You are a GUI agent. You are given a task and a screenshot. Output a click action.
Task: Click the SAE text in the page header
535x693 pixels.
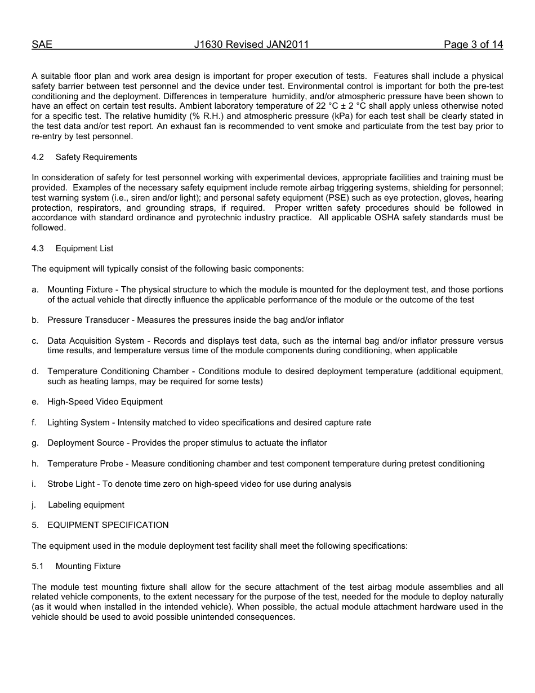point(42,45)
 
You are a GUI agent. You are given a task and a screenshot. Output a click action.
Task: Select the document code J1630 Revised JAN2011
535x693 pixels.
point(251,45)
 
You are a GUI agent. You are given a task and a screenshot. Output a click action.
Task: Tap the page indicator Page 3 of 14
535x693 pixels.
point(473,45)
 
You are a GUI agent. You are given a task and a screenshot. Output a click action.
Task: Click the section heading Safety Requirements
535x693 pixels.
point(96,157)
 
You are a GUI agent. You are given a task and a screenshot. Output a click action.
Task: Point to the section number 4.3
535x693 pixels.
point(38,248)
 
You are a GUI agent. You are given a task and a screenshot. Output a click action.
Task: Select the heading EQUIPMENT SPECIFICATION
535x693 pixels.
point(108,525)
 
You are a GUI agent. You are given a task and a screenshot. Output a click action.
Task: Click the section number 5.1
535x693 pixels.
point(38,566)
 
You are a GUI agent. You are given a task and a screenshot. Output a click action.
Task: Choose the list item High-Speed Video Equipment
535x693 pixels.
point(105,402)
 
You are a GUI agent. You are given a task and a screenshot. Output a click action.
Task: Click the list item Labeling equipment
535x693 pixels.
point(86,505)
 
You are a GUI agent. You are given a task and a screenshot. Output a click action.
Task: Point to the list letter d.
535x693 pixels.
point(35,372)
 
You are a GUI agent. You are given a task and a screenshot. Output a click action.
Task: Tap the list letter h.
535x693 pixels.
point(35,464)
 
